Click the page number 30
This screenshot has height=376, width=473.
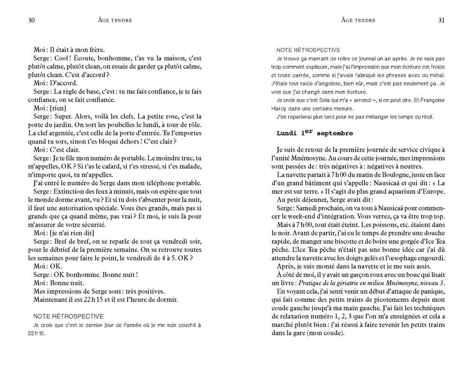pos(32,20)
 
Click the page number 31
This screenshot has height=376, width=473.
pos(441,20)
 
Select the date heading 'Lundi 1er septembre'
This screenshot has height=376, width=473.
pos(315,133)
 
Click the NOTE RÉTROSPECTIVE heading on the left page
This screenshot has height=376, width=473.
pos(69,316)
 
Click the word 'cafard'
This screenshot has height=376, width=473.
pos(110,166)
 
